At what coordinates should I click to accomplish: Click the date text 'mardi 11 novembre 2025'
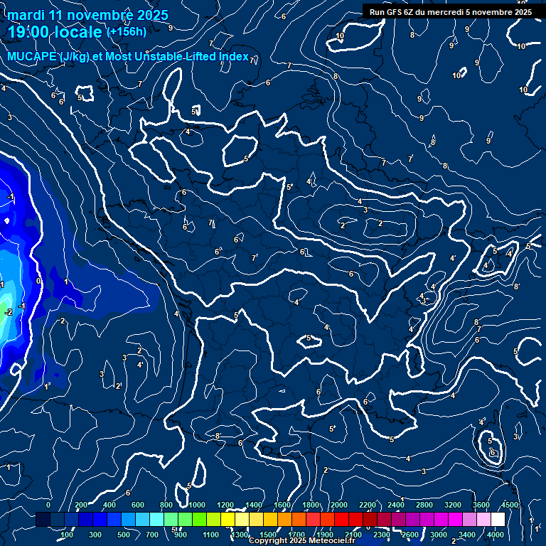(x=88, y=15)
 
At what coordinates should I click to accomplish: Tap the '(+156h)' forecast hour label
(x=126, y=31)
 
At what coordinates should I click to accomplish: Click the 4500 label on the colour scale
(x=510, y=505)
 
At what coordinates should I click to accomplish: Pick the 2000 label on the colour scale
(x=339, y=505)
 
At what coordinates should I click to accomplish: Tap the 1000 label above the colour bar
(x=197, y=505)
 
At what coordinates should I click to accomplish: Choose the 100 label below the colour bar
(x=68, y=534)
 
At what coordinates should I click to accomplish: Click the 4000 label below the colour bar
(x=496, y=534)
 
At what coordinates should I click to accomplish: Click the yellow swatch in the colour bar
(x=242, y=520)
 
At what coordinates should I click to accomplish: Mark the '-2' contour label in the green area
(x=9, y=312)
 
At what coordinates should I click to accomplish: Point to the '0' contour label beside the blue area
(x=38, y=281)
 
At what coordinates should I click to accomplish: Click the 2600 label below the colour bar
(x=410, y=534)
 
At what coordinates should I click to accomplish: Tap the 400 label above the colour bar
(x=109, y=505)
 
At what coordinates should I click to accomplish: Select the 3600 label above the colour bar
(x=481, y=505)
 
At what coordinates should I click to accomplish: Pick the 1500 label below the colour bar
(x=268, y=534)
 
